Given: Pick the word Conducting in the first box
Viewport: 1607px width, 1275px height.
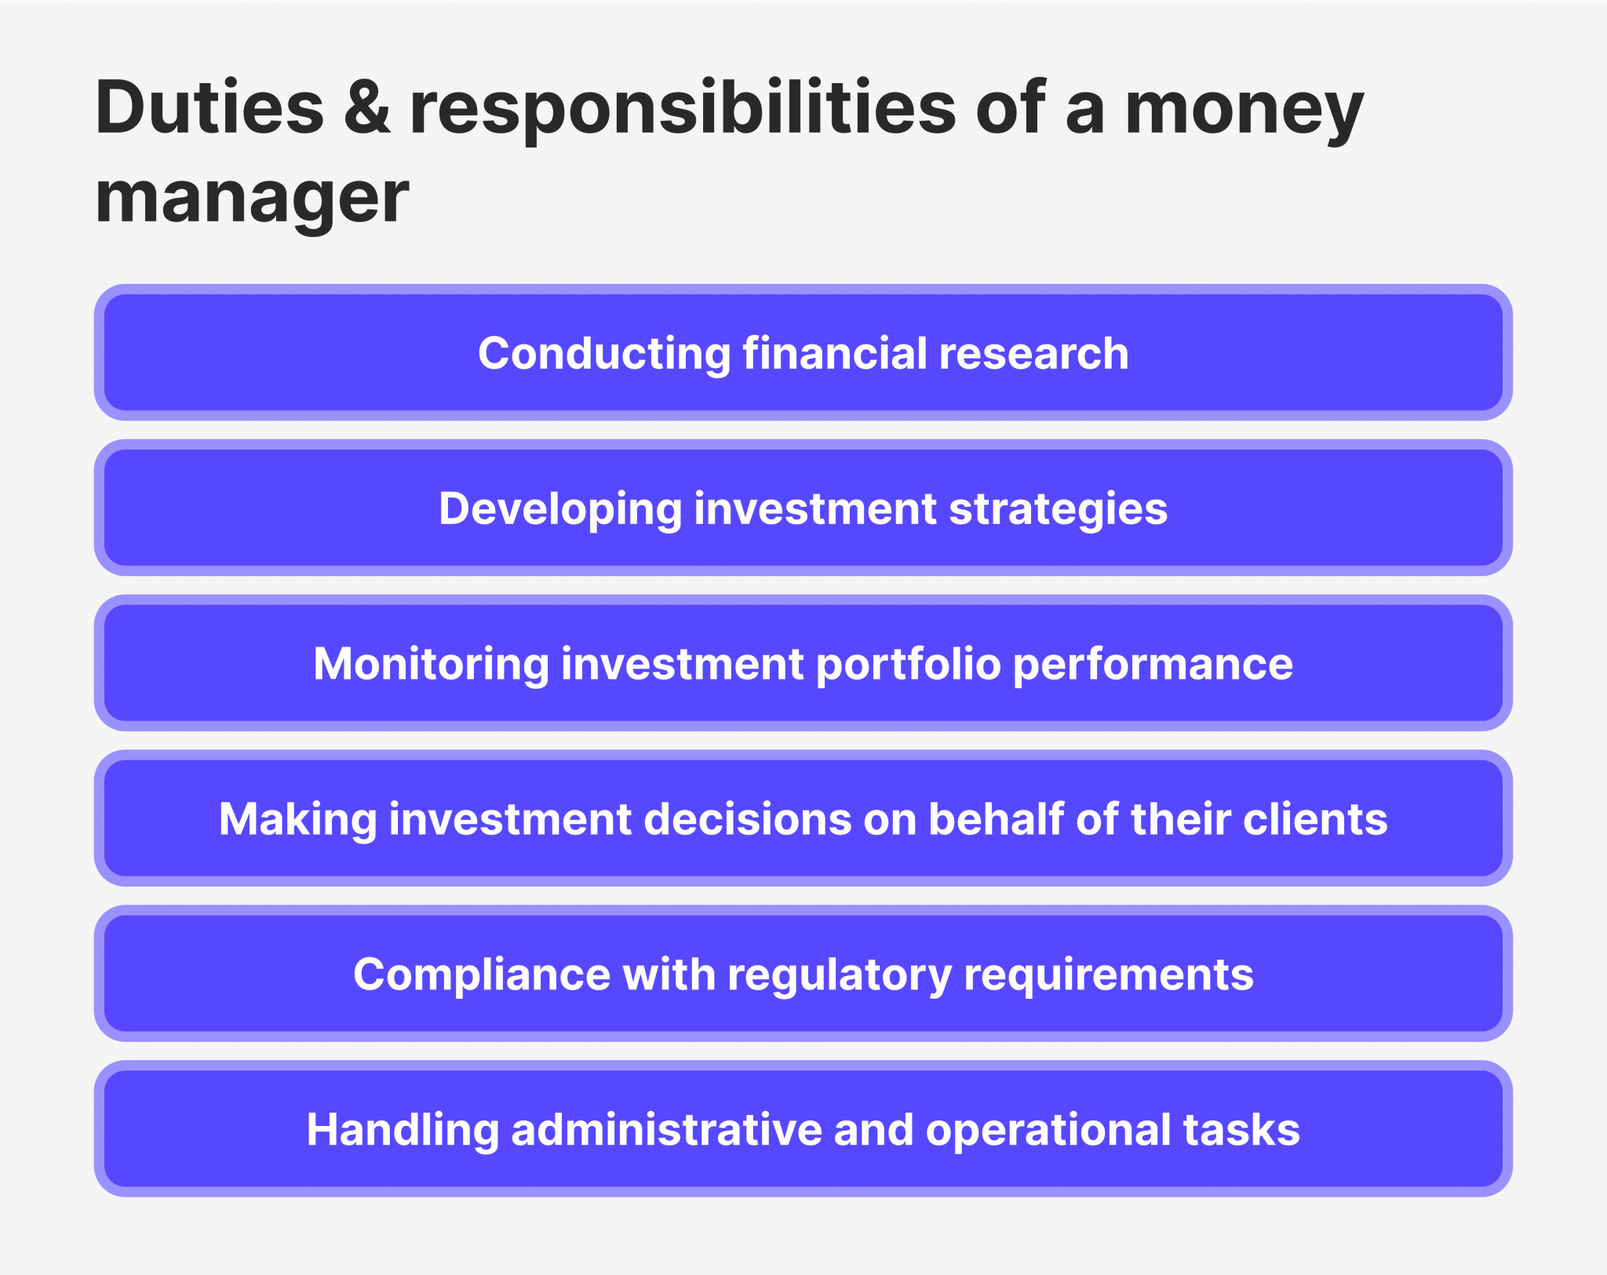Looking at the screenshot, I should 604,354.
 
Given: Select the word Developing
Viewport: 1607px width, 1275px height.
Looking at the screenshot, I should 560,509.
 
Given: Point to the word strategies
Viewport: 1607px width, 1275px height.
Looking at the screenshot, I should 1058,508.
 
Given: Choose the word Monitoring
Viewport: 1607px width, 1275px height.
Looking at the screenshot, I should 431,665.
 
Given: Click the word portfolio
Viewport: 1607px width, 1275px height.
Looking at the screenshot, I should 909,665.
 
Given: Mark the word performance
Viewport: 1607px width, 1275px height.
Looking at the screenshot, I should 1153,665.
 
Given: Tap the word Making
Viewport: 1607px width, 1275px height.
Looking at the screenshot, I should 297,820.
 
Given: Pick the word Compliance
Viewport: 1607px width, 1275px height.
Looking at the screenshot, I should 482,975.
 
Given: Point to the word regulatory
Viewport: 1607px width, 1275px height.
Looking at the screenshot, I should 839,975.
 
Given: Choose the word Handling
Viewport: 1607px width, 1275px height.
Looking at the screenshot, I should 403,1131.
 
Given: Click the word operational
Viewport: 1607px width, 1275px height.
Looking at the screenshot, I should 1048,1131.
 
